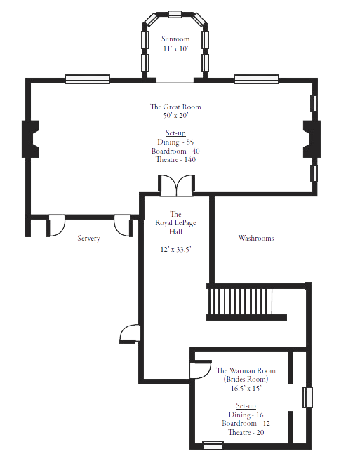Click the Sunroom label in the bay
coord(175,38)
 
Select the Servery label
coord(88,239)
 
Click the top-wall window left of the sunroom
coord(87,79)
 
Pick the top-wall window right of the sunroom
coord(256,79)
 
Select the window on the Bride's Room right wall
coord(307,398)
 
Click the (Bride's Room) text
coord(242,379)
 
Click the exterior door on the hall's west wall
coord(131,335)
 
